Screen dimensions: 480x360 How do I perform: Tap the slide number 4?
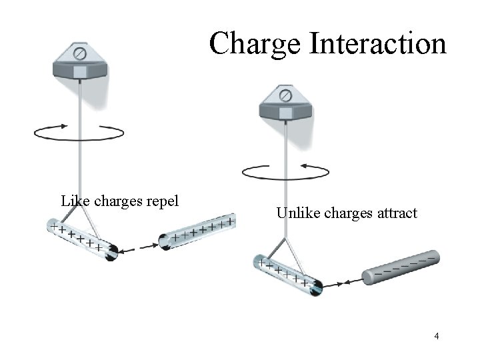[436, 336]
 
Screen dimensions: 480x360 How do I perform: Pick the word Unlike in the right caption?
[297, 213]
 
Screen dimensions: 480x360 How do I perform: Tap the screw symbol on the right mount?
[285, 96]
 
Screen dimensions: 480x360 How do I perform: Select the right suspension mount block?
[285, 107]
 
